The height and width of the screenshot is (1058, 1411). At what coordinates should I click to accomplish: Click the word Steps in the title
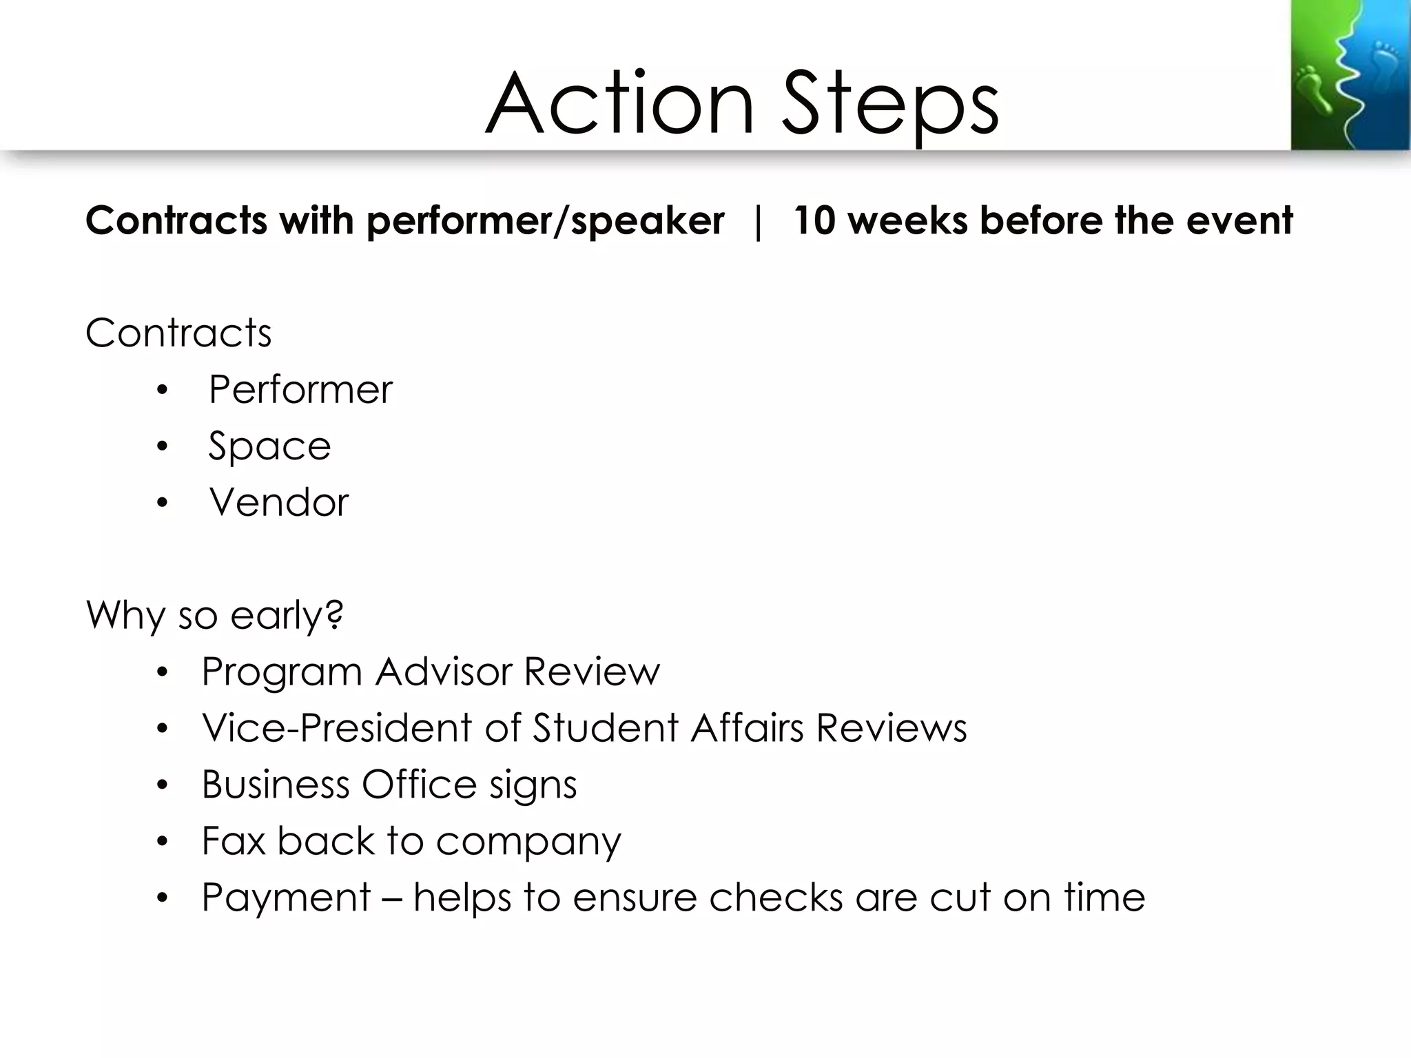click(x=890, y=105)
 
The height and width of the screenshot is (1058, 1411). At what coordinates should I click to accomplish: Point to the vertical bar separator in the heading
click(x=759, y=222)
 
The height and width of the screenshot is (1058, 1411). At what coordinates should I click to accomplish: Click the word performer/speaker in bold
click(x=545, y=222)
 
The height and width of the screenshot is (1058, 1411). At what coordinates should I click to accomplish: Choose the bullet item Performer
click(x=300, y=389)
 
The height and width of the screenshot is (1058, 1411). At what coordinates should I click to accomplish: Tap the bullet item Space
click(x=269, y=446)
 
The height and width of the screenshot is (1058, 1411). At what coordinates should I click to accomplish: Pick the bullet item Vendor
click(x=279, y=502)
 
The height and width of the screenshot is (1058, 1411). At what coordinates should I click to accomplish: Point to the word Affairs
click(x=747, y=727)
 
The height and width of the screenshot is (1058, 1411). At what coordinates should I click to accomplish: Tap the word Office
click(x=419, y=784)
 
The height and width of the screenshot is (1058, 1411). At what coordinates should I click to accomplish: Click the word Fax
click(x=234, y=840)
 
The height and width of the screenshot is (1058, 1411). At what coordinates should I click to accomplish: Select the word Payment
click(x=286, y=898)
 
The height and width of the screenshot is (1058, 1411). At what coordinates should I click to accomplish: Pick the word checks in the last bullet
click(x=776, y=897)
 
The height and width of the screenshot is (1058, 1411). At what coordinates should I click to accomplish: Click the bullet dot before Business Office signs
click(x=162, y=785)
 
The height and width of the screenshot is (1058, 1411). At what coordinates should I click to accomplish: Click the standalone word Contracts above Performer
click(x=178, y=333)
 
